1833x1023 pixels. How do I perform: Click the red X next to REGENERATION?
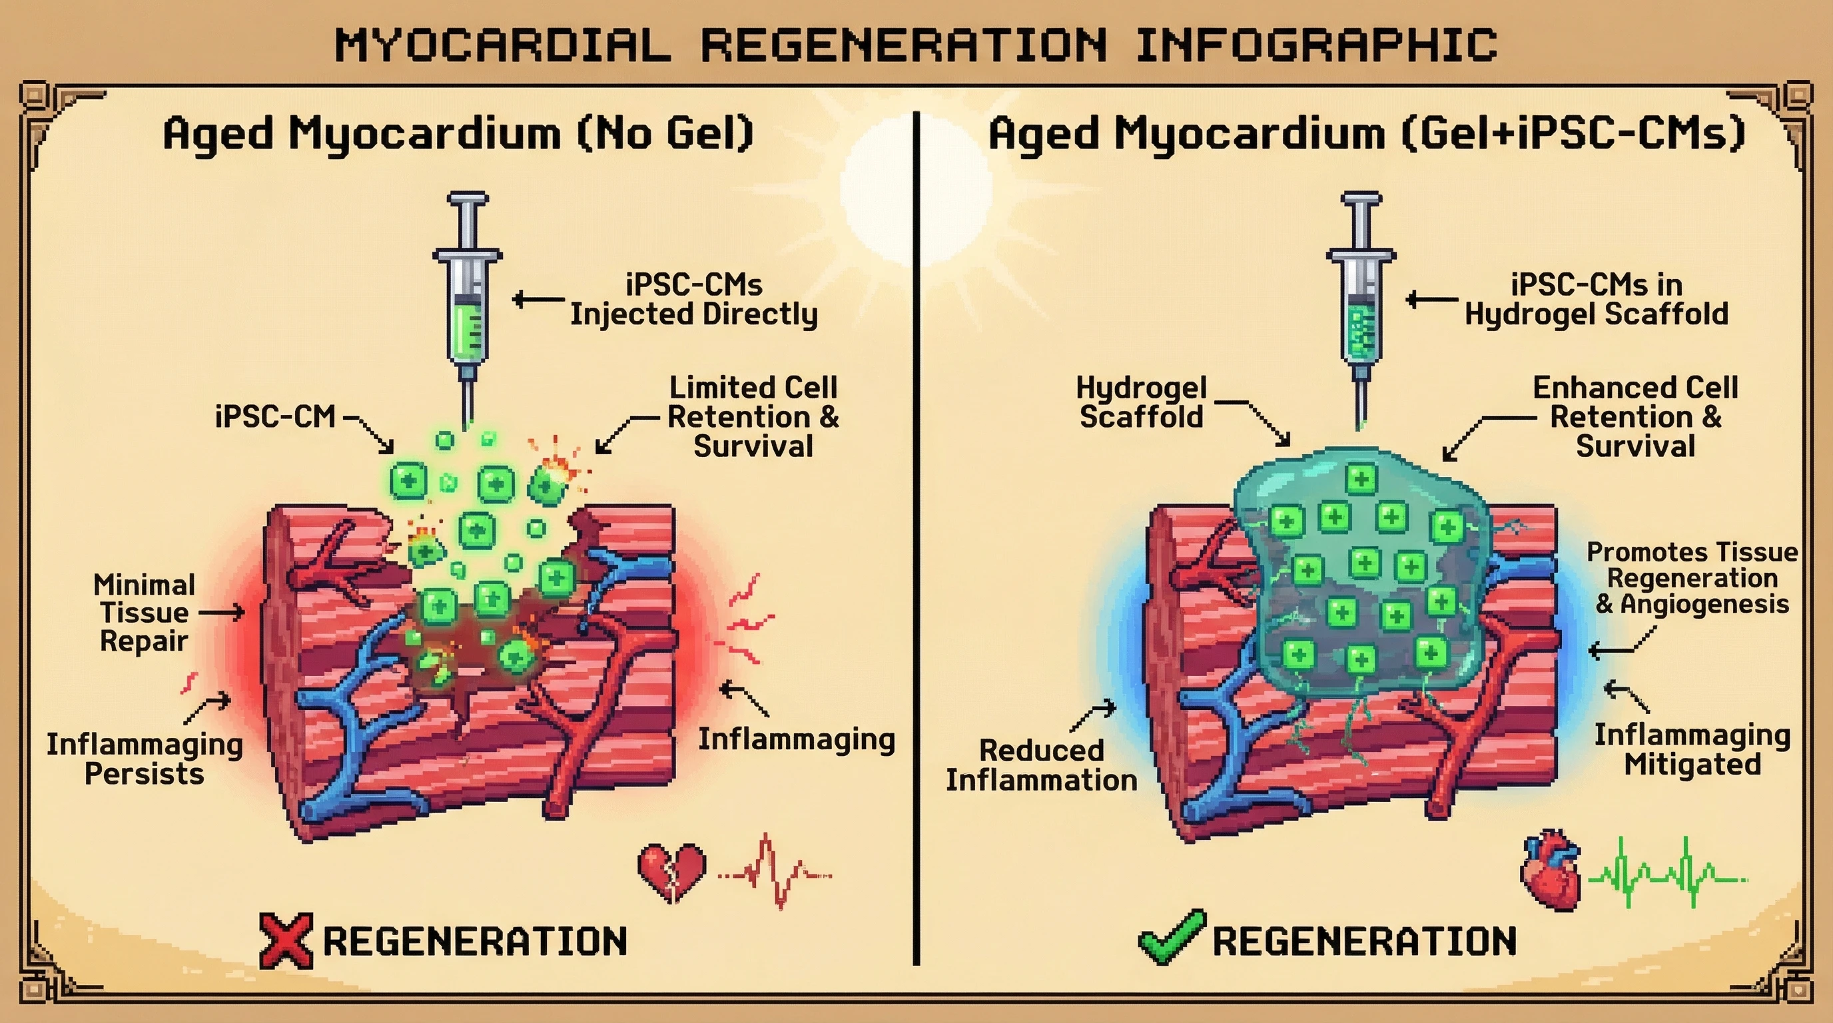point(286,940)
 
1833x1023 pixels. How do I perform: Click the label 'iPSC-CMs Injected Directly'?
point(694,300)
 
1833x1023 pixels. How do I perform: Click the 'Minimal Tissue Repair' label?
point(144,613)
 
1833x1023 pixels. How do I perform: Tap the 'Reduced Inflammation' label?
point(1041,765)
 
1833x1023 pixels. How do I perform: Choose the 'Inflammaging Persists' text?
point(145,759)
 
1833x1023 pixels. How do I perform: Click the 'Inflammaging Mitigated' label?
point(1692,750)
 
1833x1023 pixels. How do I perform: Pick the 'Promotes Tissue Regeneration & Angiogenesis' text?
point(1692,577)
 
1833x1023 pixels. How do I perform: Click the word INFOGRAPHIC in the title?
point(1316,45)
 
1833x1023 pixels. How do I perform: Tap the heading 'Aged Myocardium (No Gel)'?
point(458,133)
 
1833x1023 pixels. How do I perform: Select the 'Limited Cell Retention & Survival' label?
point(753,417)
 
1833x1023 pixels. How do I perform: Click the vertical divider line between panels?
point(916,541)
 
